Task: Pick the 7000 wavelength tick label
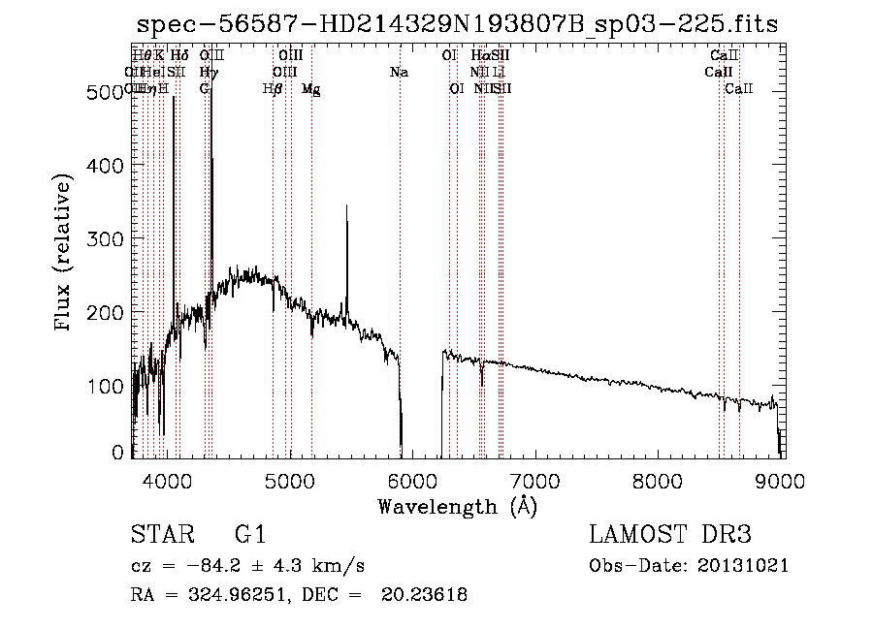536,482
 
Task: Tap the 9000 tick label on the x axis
782,482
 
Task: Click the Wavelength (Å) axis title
457,506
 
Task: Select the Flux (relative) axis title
65,254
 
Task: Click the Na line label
399,73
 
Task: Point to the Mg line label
311,89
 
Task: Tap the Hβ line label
273,89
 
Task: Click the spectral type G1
249,536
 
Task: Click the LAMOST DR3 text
670,536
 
